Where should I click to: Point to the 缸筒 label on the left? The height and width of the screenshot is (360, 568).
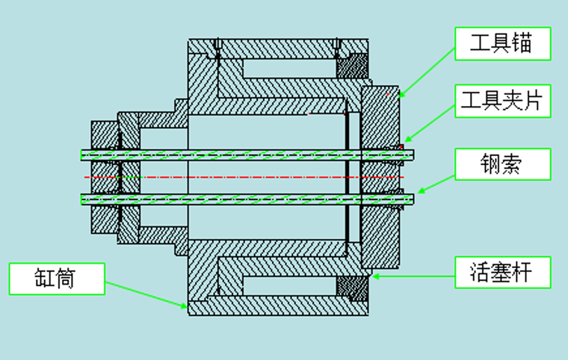click(57, 278)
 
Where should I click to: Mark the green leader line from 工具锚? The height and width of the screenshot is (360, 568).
click(427, 72)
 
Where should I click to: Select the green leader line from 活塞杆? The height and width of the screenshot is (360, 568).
click(415, 276)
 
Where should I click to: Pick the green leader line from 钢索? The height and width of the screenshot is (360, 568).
click(436, 184)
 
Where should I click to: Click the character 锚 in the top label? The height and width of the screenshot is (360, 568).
click(522, 43)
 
